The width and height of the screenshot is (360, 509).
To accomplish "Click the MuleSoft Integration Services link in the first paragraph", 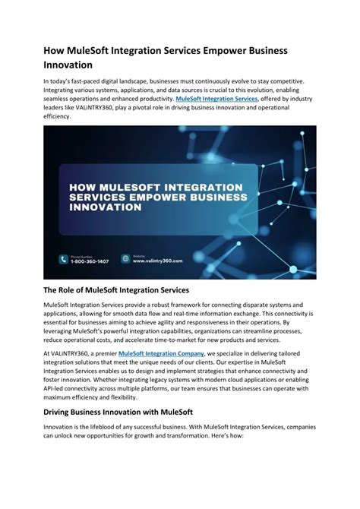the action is [x=216, y=99].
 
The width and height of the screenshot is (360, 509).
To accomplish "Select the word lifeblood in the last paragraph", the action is [x=103, y=428].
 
